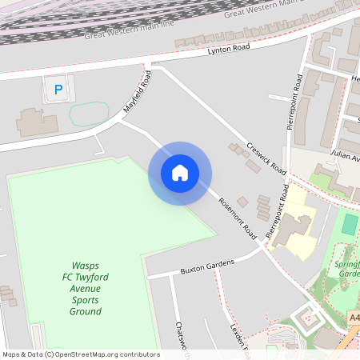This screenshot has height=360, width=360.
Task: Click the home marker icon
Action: coord(180,173)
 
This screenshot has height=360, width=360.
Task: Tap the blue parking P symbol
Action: coord(58,90)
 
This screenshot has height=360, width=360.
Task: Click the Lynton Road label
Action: coord(229,50)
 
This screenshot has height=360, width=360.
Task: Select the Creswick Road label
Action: coord(266,160)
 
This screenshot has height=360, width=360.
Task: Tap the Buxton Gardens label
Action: coord(206,266)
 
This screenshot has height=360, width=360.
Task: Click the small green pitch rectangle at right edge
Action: coord(350,224)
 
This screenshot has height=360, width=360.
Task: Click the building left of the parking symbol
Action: coord(32,121)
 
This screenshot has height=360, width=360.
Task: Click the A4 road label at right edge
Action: coord(354,318)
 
